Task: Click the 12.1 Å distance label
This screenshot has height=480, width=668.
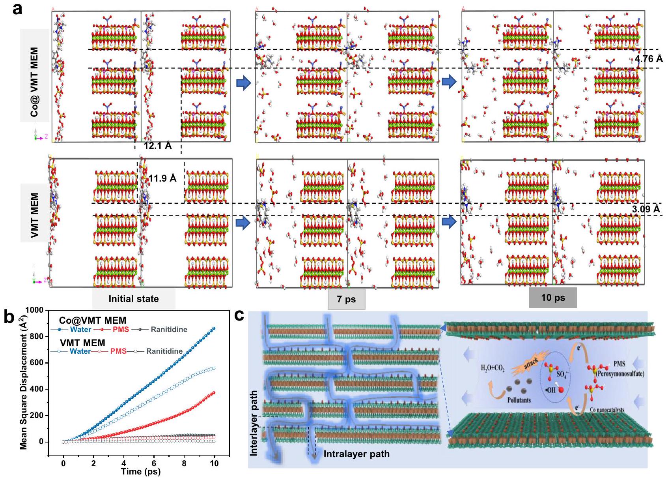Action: coord(157,146)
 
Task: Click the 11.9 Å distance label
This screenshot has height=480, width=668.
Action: coord(162,178)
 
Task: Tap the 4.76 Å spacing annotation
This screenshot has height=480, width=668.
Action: coord(648,59)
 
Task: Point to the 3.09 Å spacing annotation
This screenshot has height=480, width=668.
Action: coord(646,209)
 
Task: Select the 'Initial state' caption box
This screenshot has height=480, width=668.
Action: coord(134,299)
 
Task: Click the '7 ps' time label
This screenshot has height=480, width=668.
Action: coord(346,299)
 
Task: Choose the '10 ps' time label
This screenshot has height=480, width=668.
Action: coord(553,298)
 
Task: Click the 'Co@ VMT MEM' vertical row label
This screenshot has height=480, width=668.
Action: coord(35,82)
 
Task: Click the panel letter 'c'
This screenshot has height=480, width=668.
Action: coord(239,315)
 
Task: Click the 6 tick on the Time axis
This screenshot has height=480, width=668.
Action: coord(154,463)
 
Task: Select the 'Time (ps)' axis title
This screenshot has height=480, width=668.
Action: coord(141,472)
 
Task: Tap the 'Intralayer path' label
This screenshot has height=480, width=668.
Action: coord(356,454)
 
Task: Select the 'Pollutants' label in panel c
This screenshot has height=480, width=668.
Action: coord(519,400)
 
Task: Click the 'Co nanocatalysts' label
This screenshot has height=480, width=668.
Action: coord(607,410)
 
